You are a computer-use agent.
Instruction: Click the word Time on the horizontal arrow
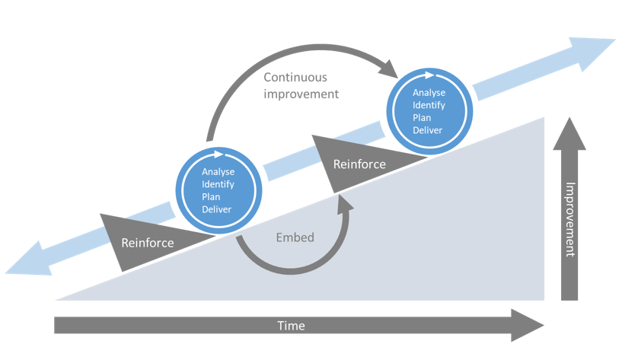(292, 326)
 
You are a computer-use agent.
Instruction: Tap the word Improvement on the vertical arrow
(570, 221)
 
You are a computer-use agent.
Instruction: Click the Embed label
(295, 237)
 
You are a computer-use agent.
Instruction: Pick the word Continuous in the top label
(294, 77)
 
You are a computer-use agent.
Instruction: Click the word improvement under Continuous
(301, 94)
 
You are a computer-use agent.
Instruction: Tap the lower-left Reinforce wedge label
(148, 243)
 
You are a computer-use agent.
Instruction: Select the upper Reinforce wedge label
(359, 164)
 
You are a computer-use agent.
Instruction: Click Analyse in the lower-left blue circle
(218, 172)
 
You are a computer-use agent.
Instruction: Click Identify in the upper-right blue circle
(429, 106)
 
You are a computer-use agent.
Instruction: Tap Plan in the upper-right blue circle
(423, 118)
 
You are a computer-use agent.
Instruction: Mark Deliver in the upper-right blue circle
(428, 130)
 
